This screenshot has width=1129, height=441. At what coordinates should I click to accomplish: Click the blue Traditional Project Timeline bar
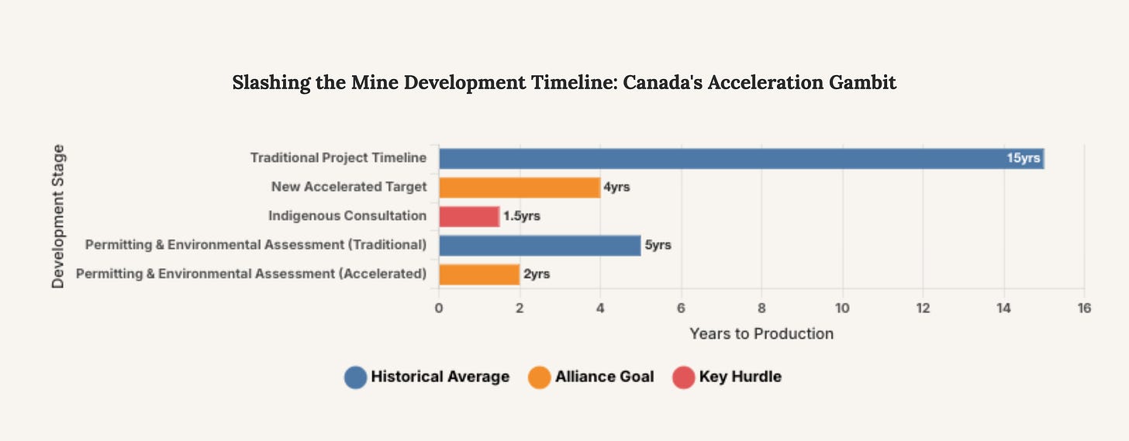click(x=741, y=158)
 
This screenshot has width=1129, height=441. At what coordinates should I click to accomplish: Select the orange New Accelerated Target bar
click(x=520, y=188)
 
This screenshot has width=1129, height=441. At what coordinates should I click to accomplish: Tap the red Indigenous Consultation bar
click(x=469, y=216)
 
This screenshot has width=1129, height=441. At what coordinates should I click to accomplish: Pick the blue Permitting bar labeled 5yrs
click(x=540, y=246)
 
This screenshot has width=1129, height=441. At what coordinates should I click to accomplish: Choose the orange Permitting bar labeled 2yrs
click(x=479, y=274)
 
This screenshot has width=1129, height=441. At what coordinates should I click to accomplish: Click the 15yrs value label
click(x=1023, y=158)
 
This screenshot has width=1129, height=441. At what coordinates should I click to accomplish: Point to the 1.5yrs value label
click(x=521, y=216)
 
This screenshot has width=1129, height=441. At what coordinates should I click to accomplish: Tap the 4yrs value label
click(x=616, y=188)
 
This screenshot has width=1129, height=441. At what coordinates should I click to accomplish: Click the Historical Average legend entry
click(x=440, y=377)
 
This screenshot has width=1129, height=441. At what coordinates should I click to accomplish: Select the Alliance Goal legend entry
click(x=604, y=377)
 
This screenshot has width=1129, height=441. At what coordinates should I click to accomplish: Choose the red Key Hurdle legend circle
click(x=683, y=377)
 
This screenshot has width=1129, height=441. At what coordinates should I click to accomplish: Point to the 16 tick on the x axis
click(x=1084, y=308)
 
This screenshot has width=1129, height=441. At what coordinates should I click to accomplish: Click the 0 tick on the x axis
click(x=439, y=308)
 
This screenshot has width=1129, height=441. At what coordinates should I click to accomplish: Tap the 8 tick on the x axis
click(x=761, y=308)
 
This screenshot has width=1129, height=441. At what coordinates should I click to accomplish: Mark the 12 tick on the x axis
click(x=923, y=308)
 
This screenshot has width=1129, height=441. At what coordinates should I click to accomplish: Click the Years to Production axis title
click(x=761, y=334)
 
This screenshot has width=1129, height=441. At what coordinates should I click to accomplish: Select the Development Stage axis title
click(x=58, y=216)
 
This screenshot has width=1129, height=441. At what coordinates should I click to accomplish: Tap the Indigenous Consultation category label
click(x=347, y=216)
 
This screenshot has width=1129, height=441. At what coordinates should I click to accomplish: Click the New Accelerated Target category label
click(x=349, y=188)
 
